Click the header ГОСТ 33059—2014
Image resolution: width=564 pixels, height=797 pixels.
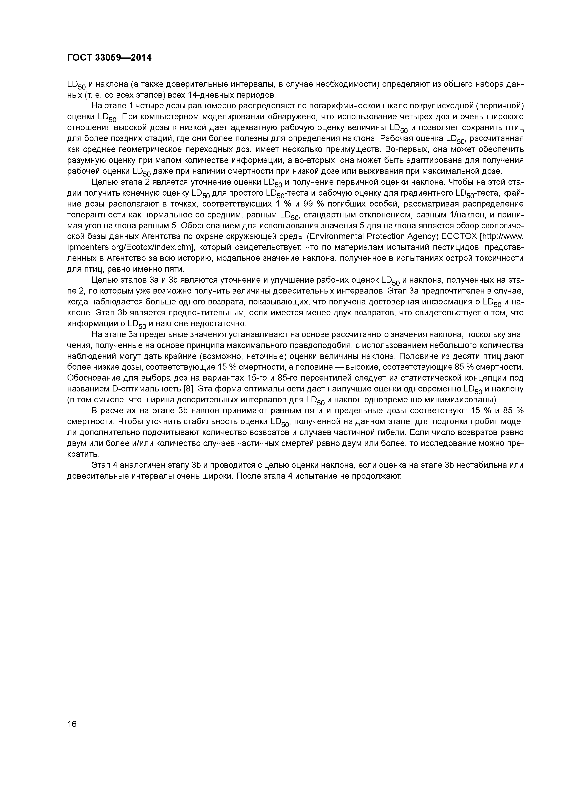[109, 58]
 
